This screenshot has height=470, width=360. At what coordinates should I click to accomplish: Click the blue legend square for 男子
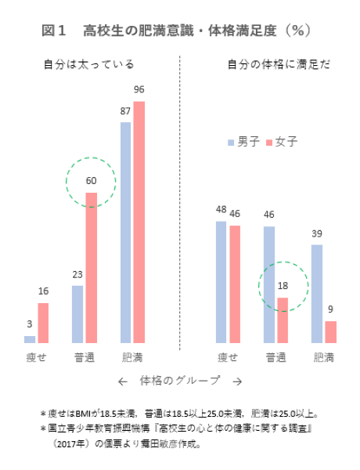click(231, 142)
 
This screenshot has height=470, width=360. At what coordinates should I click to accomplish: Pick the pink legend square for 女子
click(268, 142)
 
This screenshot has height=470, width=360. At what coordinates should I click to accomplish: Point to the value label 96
click(139, 90)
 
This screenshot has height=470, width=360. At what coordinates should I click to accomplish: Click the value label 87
click(125, 111)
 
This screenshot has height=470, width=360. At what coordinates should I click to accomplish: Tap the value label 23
click(77, 274)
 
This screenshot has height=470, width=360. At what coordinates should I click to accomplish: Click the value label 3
click(30, 324)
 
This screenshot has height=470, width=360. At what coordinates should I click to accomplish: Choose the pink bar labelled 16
click(43, 323)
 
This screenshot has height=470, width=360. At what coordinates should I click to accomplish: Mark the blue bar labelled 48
click(221, 282)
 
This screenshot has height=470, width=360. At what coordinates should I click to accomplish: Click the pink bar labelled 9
click(330, 332)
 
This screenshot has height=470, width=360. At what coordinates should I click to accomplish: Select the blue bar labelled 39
click(316, 294)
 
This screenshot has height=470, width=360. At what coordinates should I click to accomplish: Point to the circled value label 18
click(283, 287)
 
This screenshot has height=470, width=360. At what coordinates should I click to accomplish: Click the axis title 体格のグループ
click(180, 381)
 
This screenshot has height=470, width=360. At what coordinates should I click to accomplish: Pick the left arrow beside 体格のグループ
click(122, 381)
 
